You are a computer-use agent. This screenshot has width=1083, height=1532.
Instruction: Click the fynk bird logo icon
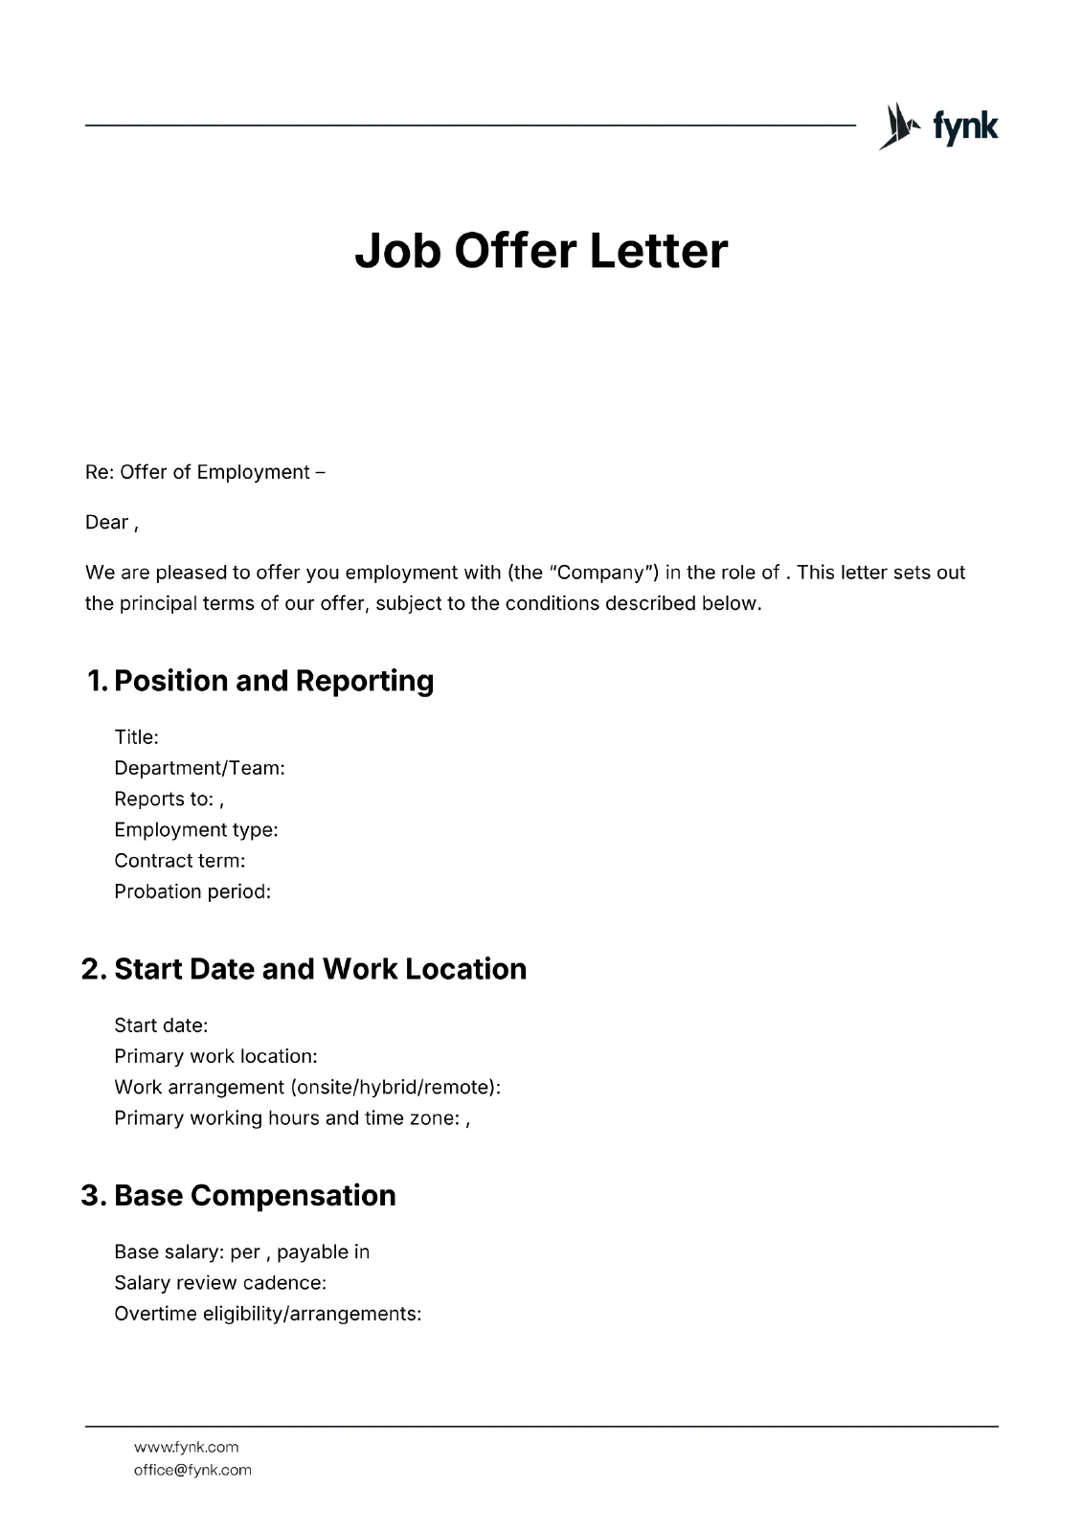[898, 126]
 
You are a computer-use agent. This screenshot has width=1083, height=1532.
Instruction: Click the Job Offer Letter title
[541, 251]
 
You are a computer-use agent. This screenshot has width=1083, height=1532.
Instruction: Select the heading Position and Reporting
[273, 681]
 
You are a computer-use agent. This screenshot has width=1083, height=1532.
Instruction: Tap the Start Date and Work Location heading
[320, 969]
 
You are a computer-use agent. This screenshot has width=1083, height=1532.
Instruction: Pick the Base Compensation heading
[254, 1196]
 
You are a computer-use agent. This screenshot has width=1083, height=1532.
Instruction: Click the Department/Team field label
[199, 768]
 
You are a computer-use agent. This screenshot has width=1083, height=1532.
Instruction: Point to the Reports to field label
[164, 799]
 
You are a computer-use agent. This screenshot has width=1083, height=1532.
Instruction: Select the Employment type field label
[195, 830]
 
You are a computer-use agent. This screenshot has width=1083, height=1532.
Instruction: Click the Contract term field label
[179, 861]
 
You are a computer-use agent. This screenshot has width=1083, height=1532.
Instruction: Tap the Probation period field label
[192, 891]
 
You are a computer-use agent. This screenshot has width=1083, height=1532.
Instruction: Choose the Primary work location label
[215, 1056]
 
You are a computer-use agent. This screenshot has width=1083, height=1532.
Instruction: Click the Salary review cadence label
[220, 1283]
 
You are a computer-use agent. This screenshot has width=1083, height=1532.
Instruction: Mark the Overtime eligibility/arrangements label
[267, 1314]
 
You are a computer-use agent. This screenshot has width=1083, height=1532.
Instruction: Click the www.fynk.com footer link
[186, 1447]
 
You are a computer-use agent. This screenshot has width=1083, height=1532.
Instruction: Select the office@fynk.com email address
[192, 1470]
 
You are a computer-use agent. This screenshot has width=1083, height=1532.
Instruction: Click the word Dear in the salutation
[106, 522]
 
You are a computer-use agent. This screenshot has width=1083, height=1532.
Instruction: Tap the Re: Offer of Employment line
[205, 472]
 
